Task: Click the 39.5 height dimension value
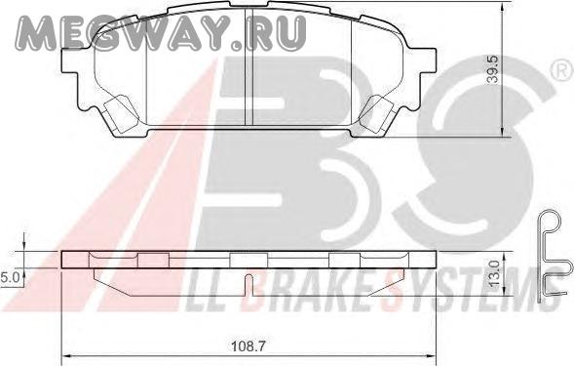click(x=494, y=69)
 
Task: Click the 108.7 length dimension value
click(x=249, y=346)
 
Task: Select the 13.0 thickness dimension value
click(x=494, y=274)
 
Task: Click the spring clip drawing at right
click(x=554, y=256)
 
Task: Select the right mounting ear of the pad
click(x=426, y=61)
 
